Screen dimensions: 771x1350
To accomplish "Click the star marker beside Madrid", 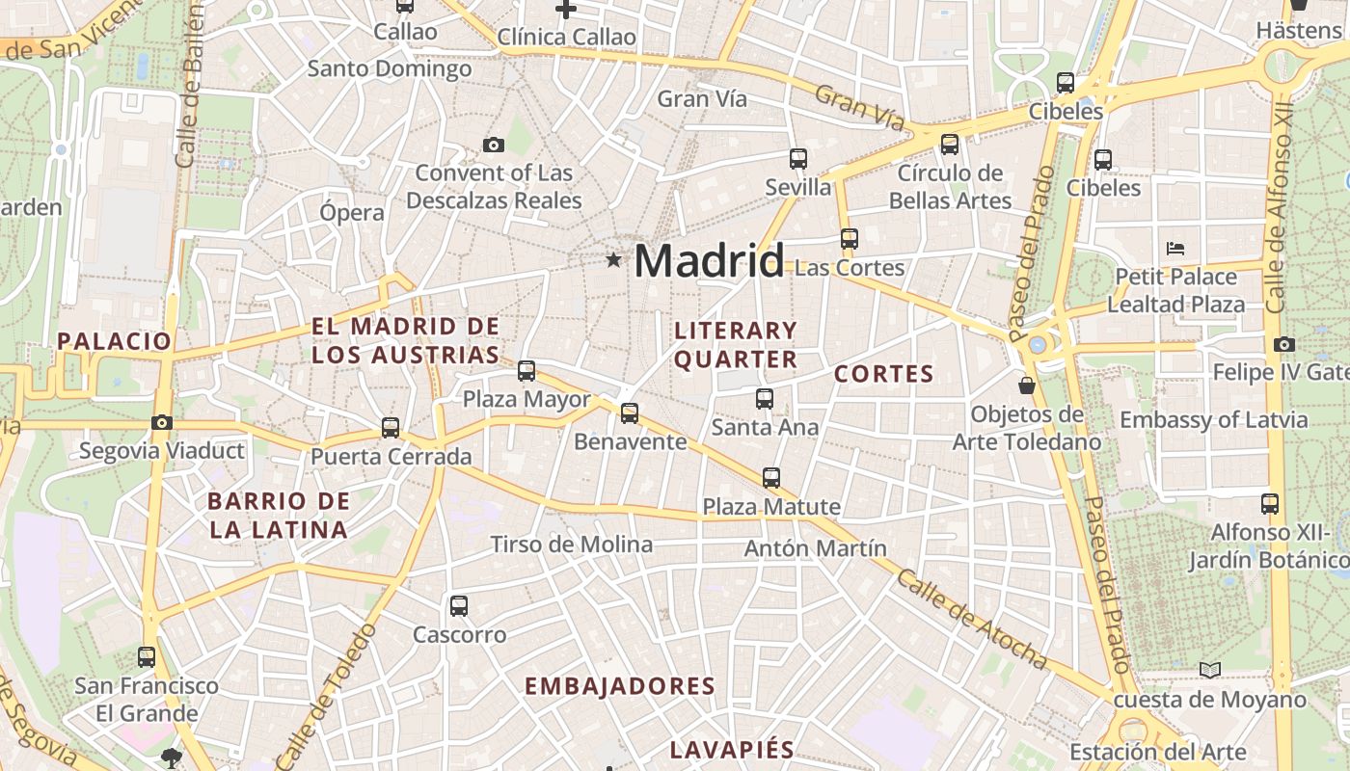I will (x=613, y=259).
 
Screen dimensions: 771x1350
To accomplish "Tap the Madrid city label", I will (x=709, y=261).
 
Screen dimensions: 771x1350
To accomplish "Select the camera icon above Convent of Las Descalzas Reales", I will (x=494, y=146).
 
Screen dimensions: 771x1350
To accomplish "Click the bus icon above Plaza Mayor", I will (x=526, y=370).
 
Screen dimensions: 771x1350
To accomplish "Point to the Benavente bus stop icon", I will (x=630, y=413).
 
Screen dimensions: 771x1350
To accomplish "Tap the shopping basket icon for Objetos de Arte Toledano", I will (x=1027, y=385).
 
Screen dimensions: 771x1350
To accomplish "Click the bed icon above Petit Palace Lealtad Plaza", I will (x=1174, y=248).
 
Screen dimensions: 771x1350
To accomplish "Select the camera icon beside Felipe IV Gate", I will (x=1283, y=344).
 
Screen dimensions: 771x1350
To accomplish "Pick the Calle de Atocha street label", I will (x=971, y=619).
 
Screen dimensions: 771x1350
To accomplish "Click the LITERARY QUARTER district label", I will (x=736, y=345).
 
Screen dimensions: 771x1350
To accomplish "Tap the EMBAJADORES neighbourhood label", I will (x=620, y=686).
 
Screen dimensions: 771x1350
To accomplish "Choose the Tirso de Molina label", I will (x=572, y=545).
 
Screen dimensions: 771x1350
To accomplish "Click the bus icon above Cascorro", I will (x=459, y=606).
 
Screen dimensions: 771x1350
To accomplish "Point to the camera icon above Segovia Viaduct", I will (x=162, y=422).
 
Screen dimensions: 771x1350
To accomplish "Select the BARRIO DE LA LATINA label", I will (x=279, y=515).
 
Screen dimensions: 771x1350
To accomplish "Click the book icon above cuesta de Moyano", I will (x=1209, y=670).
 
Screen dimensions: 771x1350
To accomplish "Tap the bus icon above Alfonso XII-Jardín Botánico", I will (x=1270, y=503).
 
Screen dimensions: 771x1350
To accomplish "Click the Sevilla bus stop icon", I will (x=798, y=158).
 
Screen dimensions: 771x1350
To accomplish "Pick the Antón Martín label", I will (x=816, y=548).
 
